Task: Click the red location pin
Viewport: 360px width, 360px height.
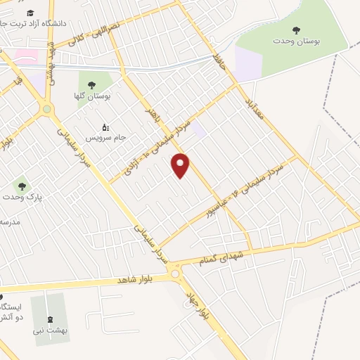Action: pyautogui.click(x=181, y=165)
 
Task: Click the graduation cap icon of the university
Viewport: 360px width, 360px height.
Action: pyautogui.click(x=30, y=13)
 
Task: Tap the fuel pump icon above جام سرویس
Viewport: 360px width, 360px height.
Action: pyautogui.click(x=106, y=127)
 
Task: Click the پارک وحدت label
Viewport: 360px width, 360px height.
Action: pyautogui.click(x=21, y=198)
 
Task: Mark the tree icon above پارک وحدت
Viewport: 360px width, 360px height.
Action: pyautogui.click(x=22, y=187)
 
